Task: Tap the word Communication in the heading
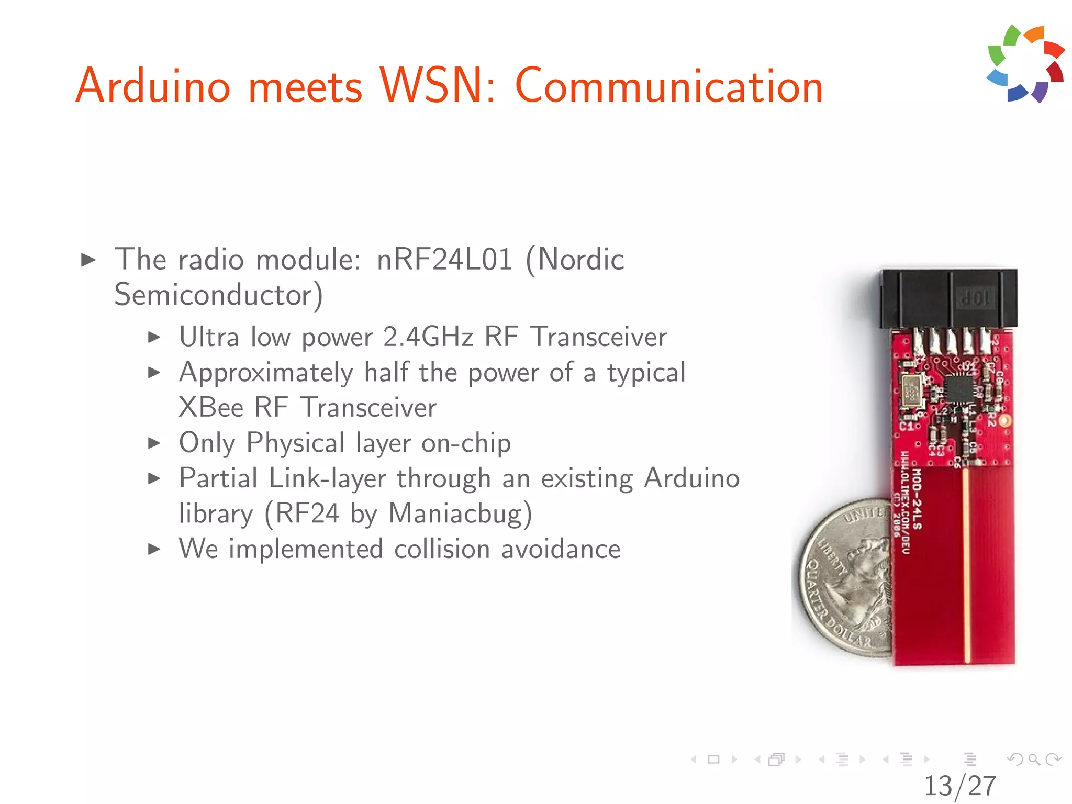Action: point(669,87)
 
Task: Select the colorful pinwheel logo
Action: point(1025,64)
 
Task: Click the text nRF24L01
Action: point(444,259)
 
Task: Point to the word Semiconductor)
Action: point(218,295)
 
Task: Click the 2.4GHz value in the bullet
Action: point(428,337)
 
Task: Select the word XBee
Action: point(211,407)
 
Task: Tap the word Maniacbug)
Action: point(460,513)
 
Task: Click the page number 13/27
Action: point(959,786)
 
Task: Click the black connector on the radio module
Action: point(948,298)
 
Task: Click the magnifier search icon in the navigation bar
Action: point(1034,759)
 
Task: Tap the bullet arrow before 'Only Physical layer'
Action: point(154,443)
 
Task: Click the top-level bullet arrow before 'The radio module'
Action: point(88,260)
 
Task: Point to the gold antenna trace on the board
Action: point(967,565)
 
